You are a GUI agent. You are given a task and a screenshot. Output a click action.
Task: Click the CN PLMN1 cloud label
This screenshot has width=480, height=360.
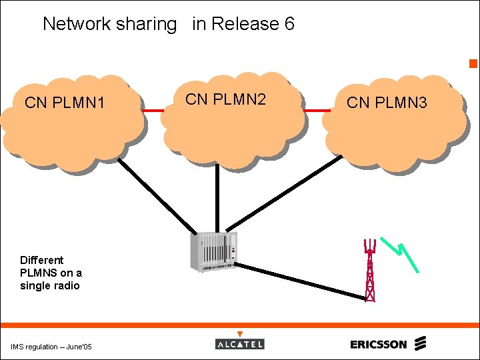tap(65, 103)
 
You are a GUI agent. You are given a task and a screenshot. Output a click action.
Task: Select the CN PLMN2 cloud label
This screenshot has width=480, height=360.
tap(225, 99)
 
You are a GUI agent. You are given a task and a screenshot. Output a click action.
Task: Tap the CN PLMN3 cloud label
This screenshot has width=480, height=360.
tap(387, 103)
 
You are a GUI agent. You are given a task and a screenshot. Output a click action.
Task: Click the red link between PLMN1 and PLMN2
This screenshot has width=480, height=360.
tap(153, 111)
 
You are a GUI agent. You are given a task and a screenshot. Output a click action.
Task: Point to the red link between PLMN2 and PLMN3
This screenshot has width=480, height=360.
tap(316, 111)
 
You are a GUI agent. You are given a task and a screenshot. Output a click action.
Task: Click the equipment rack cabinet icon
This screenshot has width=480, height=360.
tap(213, 252)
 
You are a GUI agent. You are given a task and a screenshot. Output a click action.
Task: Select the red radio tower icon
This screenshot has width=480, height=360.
tap(369, 270)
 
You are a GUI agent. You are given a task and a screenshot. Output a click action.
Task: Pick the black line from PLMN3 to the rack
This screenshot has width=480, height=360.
tap(280, 193)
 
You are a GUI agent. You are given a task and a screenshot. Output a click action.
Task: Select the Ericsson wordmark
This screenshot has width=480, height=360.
tap(378, 344)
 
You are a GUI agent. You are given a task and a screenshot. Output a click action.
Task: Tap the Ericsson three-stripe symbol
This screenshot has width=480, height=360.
tap(419, 344)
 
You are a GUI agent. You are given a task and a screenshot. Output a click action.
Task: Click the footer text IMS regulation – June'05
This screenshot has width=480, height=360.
tap(51, 347)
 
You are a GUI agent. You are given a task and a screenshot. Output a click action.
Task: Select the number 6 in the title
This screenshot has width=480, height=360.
tap(289, 24)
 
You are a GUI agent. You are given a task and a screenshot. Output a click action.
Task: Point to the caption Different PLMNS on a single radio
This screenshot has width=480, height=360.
tap(51, 273)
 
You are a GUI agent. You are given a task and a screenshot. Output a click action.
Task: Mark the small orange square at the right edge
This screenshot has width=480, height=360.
tap(473, 64)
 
